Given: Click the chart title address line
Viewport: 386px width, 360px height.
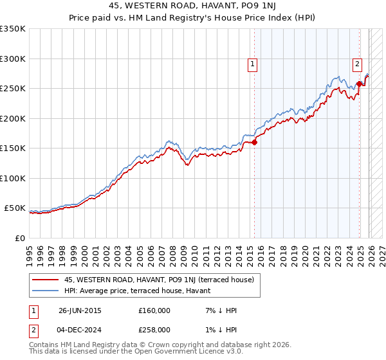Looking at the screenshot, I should pos(193,6).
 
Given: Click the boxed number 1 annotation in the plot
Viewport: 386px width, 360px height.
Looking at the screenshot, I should pos(253,64).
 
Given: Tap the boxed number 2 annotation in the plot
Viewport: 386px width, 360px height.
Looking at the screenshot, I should pos(357,64).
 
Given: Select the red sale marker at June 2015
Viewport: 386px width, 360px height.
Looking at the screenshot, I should pos(255,143).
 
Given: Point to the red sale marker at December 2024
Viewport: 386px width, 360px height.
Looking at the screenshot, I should pos(359,84).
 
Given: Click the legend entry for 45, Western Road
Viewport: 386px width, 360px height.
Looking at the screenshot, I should pos(160,280).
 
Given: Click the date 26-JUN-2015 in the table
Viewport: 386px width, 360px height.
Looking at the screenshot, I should pos(80,310).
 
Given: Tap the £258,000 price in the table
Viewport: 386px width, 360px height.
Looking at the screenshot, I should pos(154,329).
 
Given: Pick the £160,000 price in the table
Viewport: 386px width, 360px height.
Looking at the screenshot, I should pos(154,310).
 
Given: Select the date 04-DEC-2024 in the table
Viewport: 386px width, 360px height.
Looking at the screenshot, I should pos(80,329).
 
